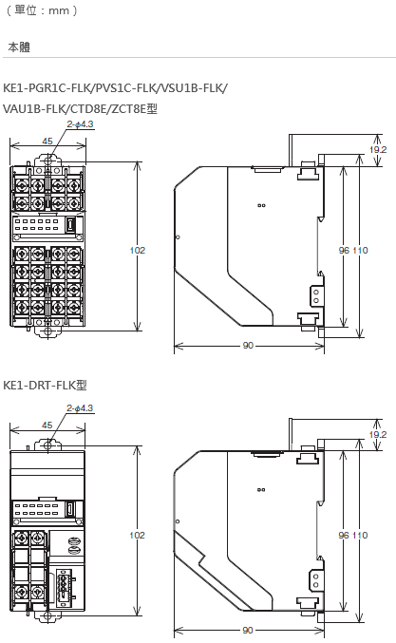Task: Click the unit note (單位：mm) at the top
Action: point(42,9)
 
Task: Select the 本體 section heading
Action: point(19,47)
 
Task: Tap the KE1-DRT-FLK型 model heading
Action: point(45,385)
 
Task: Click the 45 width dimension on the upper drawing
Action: point(47,142)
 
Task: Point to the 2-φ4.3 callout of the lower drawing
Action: point(80,408)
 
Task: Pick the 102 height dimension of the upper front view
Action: point(138,250)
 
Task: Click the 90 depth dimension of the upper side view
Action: point(248,346)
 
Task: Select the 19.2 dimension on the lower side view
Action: point(378,434)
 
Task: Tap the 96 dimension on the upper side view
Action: point(345,250)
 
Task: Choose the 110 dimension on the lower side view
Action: point(360,535)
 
